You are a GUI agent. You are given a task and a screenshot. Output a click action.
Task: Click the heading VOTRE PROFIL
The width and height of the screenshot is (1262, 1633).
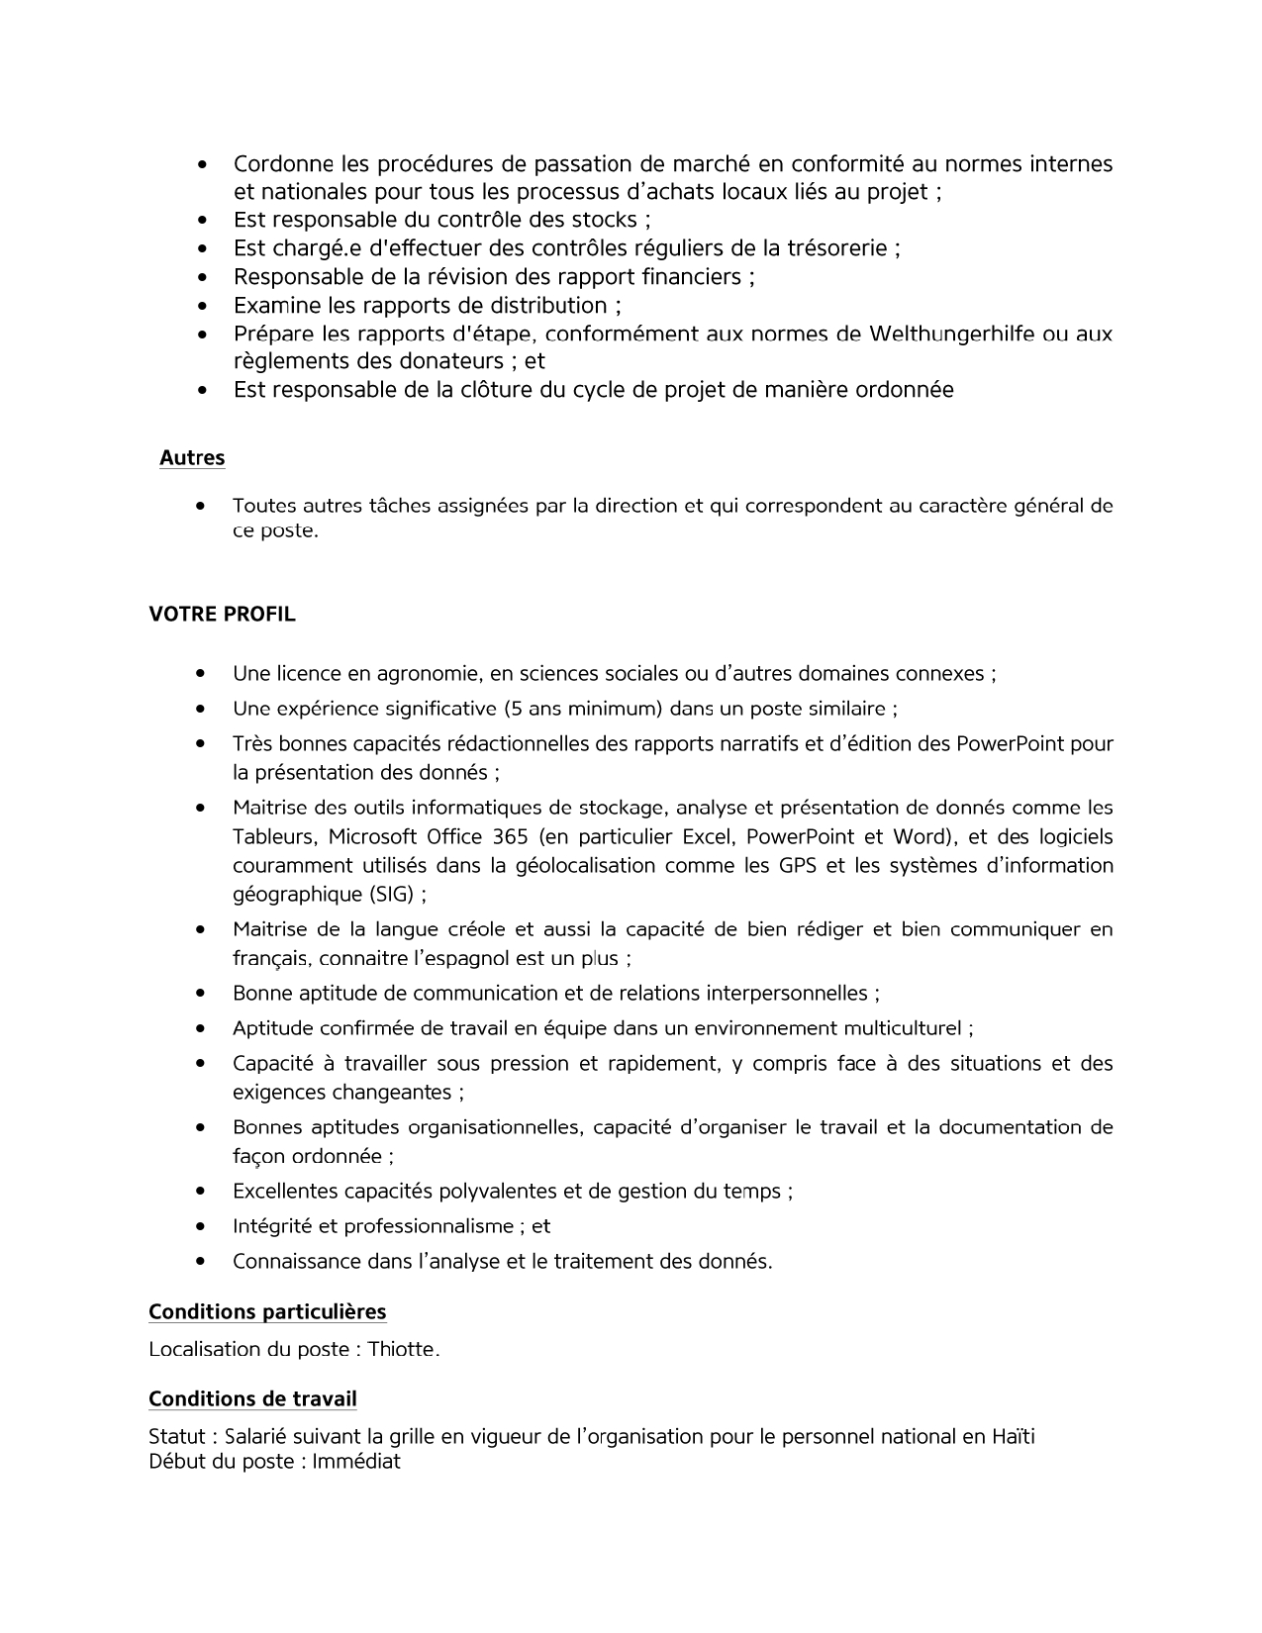click(222, 615)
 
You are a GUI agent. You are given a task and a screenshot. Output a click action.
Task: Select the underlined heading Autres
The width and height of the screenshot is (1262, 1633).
click(192, 458)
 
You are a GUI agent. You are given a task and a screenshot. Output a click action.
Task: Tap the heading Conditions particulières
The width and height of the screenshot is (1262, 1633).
click(267, 1312)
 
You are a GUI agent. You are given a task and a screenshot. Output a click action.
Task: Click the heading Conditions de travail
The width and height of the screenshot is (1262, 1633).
click(252, 1399)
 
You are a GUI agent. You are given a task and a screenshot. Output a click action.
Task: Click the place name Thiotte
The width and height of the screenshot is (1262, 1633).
click(403, 1350)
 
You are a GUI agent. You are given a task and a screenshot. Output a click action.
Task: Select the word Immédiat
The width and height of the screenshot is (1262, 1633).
click(356, 1462)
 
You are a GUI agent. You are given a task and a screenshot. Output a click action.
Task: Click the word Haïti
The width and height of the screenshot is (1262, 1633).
click(1013, 1437)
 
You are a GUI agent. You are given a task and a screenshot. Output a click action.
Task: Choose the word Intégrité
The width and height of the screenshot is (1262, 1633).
click(272, 1226)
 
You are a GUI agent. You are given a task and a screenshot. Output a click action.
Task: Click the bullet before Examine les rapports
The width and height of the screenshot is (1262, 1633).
click(202, 306)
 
